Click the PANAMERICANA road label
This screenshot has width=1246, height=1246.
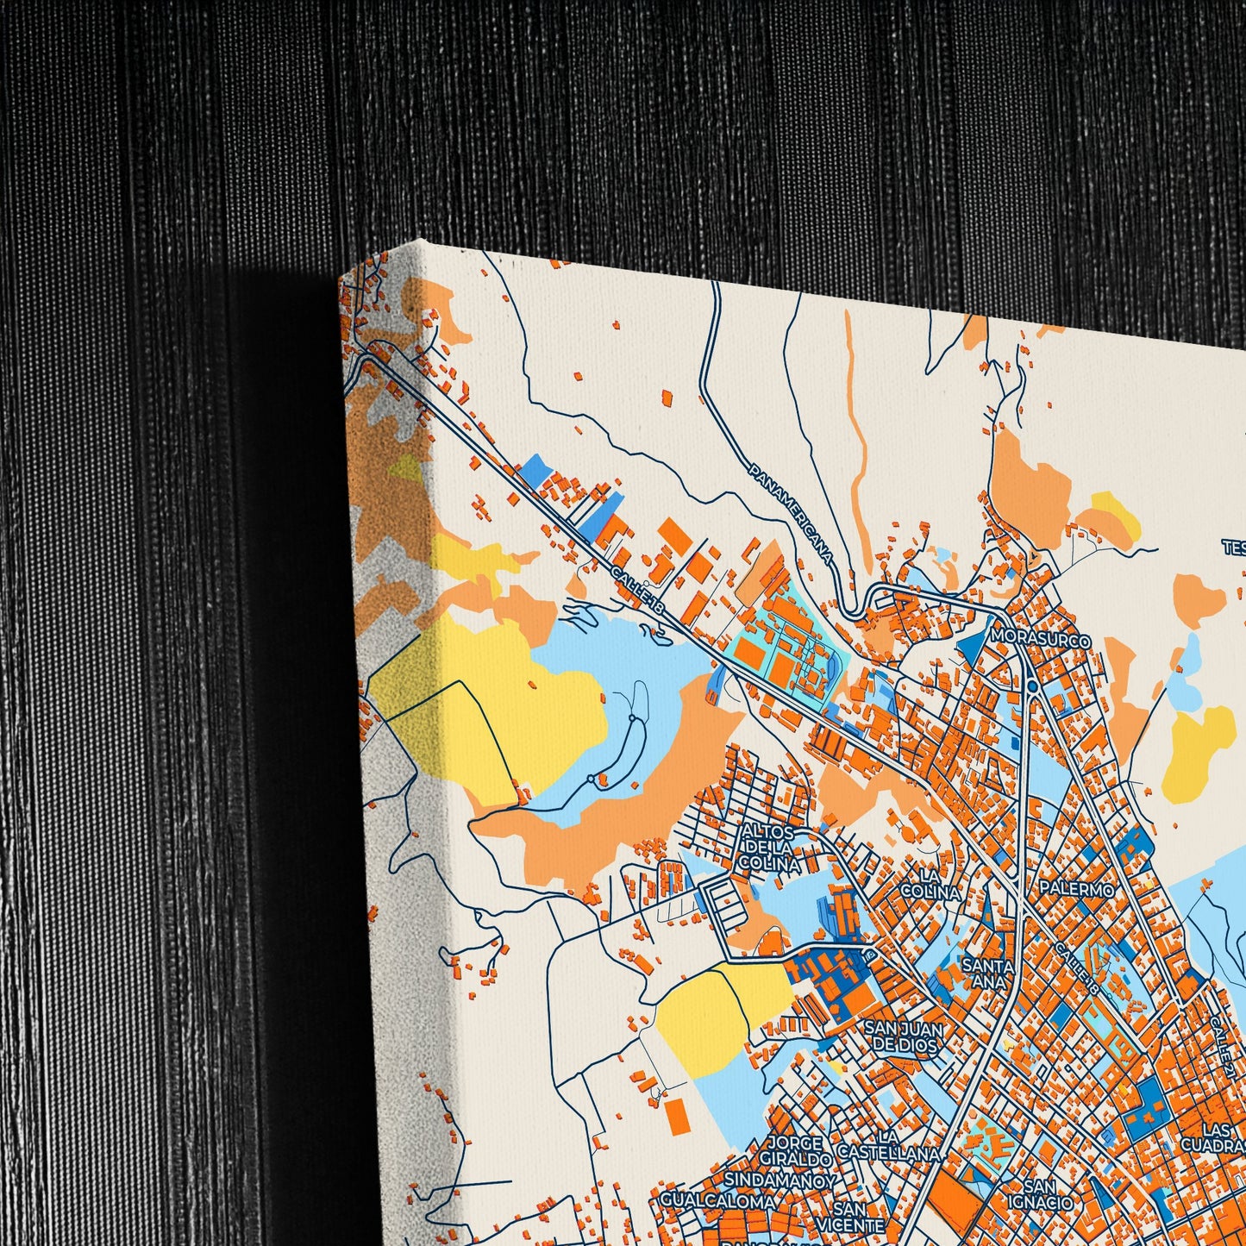click(791, 514)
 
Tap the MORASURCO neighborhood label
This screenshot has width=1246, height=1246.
click(1041, 640)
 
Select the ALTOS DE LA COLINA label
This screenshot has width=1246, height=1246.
click(770, 847)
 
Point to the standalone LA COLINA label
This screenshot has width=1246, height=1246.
click(930, 885)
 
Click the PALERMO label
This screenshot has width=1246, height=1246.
click(1076, 887)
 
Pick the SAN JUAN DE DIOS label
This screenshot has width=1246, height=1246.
click(904, 1036)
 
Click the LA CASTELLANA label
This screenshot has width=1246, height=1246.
click(888, 1145)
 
